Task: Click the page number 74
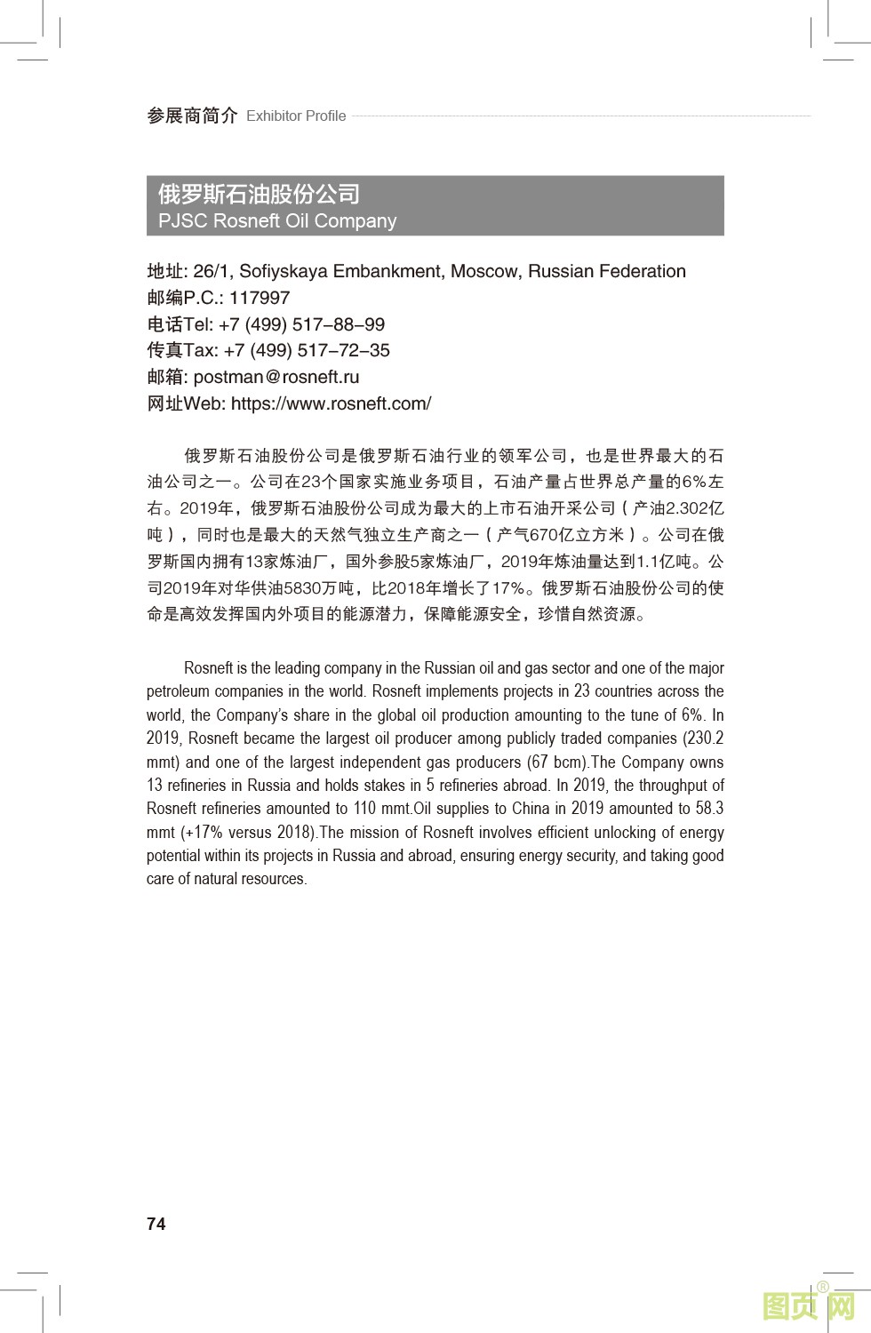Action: pyautogui.click(x=156, y=1224)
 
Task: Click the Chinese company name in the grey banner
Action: pyautogui.click(x=259, y=194)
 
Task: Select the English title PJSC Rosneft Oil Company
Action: pyautogui.click(x=277, y=220)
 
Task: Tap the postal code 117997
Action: pyautogui.click(x=260, y=298)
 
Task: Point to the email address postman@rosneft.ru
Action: pyautogui.click(x=276, y=377)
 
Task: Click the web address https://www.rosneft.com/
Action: pyautogui.click(x=331, y=403)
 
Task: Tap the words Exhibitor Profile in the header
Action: pyautogui.click(x=296, y=116)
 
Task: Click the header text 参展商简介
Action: pyautogui.click(x=192, y=116)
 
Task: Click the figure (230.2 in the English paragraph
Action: pyautogui.click(x=702, y=738)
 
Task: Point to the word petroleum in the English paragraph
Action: pyautogui.click(x=179, y=691)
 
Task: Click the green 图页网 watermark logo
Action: pyautogui.click(x=809, y=1306)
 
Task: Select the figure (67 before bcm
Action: pyautogui.click(x=537, y=762)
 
